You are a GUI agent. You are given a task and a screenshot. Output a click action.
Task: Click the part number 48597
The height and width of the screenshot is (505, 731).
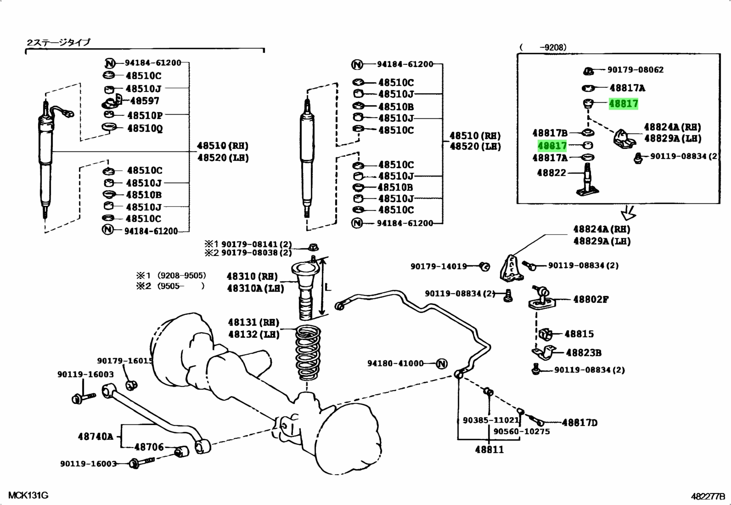(x=145, y=101)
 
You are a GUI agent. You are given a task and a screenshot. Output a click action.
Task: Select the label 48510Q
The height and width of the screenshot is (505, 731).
(x=145, y=128)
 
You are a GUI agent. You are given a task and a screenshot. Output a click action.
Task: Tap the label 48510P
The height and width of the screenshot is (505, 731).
(x=145, y=115)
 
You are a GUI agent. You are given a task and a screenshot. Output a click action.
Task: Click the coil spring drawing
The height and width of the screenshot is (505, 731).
(x=308, y=353)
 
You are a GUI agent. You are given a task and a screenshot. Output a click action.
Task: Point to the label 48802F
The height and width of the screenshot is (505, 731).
(x=590, y=299)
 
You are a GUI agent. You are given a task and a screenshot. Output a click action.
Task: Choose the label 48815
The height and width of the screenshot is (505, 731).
(x=579, y=334)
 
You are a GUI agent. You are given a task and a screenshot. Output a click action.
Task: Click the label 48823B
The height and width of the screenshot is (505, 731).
(x=584, y=353)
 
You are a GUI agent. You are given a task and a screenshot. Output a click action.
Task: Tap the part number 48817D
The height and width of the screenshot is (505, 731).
(x=579, y=423)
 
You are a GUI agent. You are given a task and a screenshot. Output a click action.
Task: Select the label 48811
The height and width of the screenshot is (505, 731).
(x=489, y=449)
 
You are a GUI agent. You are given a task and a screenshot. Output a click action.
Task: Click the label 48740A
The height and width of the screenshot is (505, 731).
(x=96, y=437)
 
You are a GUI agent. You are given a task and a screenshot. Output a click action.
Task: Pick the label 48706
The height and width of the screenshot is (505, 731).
(x=149, y=447)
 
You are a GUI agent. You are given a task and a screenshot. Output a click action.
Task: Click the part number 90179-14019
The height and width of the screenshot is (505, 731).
(x=439, y=267)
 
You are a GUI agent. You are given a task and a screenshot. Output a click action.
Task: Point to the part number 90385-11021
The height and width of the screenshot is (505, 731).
(x=491, y=420)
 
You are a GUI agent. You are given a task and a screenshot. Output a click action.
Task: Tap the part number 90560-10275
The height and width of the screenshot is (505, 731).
(x=522, y=431)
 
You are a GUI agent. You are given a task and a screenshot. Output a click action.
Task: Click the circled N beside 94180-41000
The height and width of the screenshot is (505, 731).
(x=442, y=363)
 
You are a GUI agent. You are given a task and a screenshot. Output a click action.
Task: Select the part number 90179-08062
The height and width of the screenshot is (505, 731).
(x=635, y=69)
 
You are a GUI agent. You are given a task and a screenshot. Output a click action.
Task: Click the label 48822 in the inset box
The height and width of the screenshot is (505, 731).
(x=551, y=172)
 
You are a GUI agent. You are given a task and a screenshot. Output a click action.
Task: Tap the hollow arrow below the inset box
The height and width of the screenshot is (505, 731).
(x=628, y=213)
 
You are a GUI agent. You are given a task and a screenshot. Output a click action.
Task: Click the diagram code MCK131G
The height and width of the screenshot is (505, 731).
(x=28, y=495)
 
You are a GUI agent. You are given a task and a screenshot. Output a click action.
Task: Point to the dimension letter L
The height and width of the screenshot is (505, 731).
(x=328, y=288)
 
